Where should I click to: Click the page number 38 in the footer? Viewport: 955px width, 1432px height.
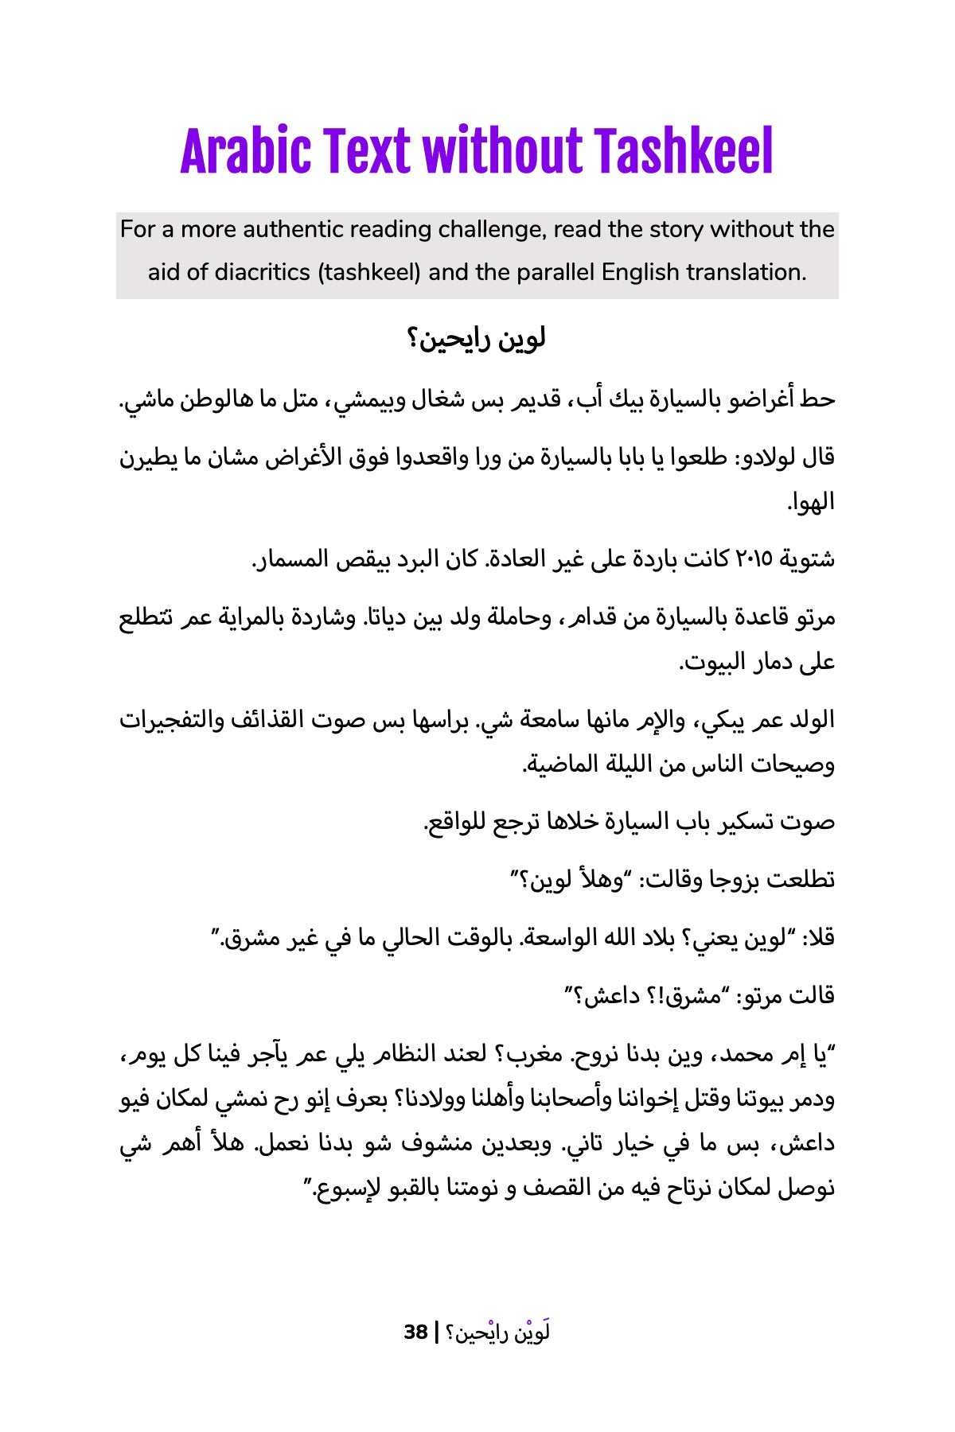coord(415,1332)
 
